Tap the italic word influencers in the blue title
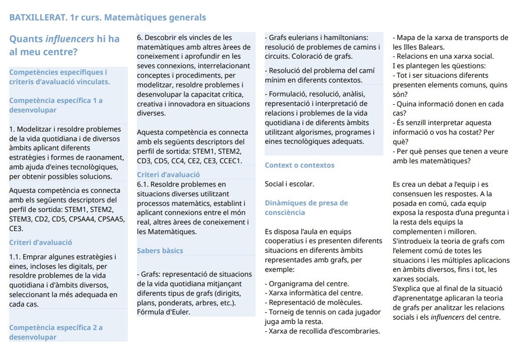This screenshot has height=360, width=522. coord(70,39)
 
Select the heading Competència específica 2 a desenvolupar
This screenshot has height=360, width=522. coord(56,332)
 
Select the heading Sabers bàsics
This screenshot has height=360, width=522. coord(160,250)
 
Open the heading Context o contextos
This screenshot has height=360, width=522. coord(299,165)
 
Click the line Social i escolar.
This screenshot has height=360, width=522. coord(289,184)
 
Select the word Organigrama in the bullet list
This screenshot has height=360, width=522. coord(289,283)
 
